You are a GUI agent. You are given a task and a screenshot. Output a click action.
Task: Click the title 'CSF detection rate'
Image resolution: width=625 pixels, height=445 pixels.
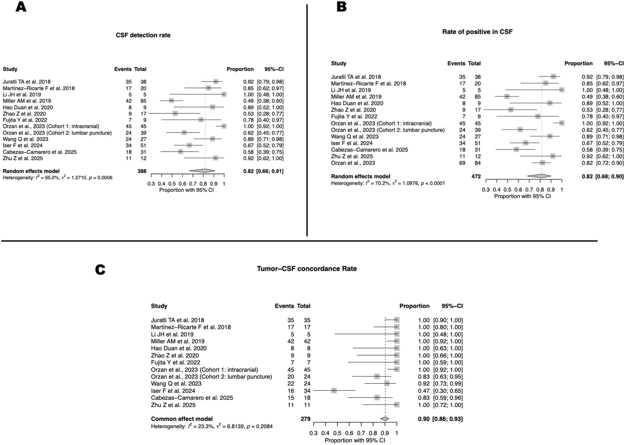[x=143, y=35]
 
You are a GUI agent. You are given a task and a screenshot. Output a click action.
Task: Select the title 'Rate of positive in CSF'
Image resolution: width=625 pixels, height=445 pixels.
[x=477, y=32]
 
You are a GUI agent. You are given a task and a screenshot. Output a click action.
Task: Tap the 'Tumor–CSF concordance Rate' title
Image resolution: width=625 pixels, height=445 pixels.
[x=307, y=269]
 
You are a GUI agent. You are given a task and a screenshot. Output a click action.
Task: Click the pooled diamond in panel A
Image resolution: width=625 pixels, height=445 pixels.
[x=202, y=171]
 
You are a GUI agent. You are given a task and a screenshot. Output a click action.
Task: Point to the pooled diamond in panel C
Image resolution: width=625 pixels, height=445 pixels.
[x=385, y=419]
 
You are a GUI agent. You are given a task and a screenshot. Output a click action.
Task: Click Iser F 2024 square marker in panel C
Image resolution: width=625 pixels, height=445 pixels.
[x=334, y=390]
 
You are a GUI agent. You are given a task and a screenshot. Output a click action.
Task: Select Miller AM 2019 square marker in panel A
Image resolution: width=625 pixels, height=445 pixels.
[x=171, y=101]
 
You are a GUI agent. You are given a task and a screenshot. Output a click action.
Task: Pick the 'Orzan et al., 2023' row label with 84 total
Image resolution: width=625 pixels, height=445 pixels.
[x=353, y=163]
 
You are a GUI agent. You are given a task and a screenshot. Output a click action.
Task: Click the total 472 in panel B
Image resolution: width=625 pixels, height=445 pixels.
[x=476, y=176]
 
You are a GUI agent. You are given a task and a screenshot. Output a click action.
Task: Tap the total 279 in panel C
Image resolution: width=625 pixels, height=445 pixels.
[x=305, y=419]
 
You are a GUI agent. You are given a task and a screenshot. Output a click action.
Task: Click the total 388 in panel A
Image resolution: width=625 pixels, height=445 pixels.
[x=141, y=171]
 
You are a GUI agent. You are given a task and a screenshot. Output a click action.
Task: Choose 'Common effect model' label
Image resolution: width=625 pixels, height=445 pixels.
[x=182, y=419]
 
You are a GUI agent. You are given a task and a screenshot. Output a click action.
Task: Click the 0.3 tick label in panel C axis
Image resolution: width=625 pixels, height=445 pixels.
[x=313, y=433]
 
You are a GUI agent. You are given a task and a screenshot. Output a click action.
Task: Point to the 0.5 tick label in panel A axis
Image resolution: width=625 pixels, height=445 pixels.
[x=172, y=184]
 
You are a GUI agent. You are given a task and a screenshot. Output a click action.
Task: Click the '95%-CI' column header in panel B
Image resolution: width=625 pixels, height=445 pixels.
[x=613, y=63]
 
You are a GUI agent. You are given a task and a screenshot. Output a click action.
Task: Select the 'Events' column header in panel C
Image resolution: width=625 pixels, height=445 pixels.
[x=284, y=306]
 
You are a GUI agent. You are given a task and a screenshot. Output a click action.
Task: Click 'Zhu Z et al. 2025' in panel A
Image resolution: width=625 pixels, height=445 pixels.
[x=23, y=158]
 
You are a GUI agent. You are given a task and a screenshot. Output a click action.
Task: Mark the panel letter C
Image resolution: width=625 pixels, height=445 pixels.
[x=100, y=270]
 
